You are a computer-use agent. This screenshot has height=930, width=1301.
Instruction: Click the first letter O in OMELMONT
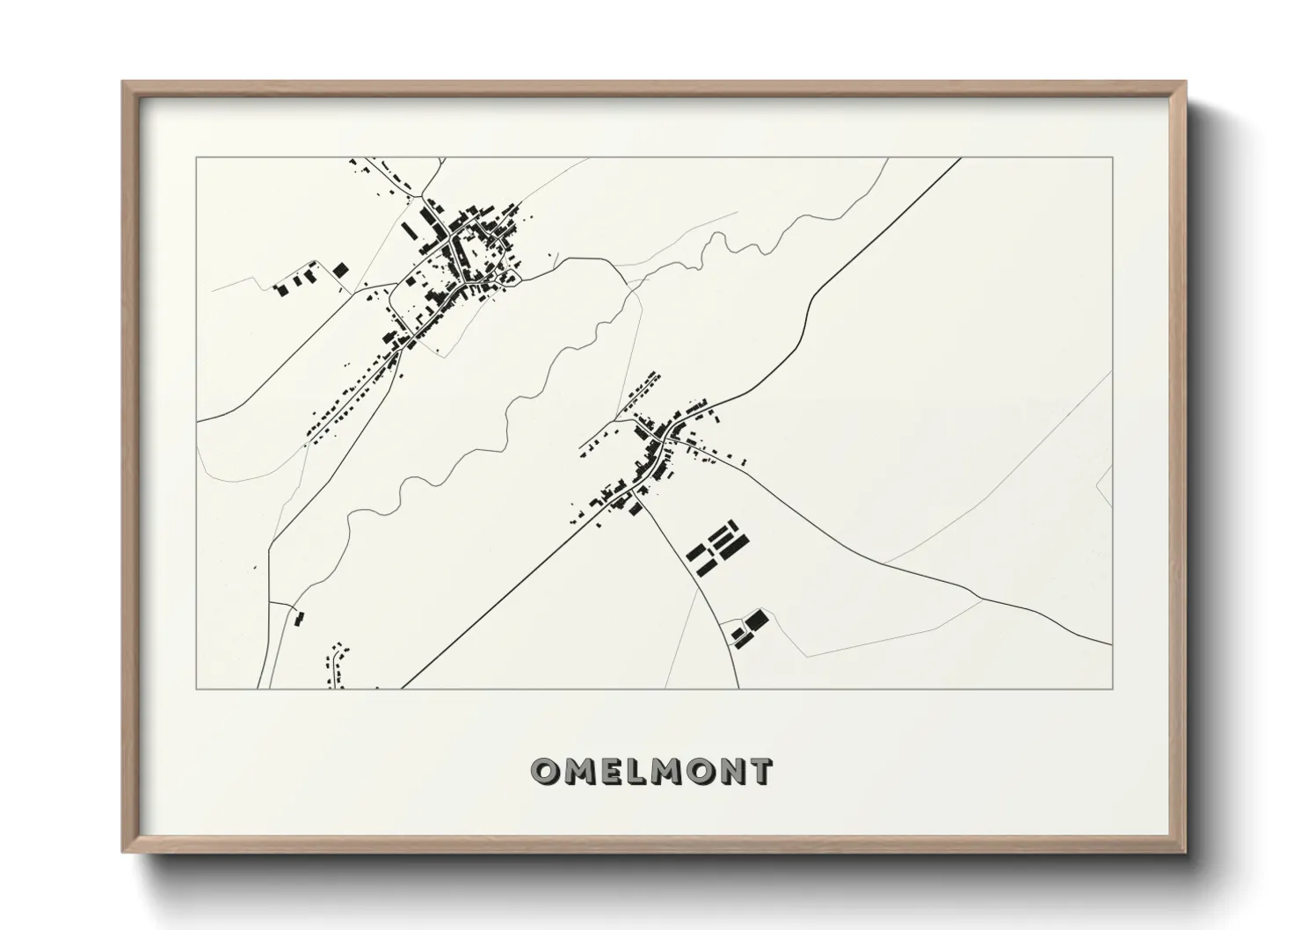[x=543, y=771]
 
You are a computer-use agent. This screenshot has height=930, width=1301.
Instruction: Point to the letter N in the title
[x=731, y=771]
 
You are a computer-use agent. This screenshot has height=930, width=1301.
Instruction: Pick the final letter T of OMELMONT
[x=760, y=771]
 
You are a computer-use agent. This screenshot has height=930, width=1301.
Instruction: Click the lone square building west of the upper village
[x=340, y=270]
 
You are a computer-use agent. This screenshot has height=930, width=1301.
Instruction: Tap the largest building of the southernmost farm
[x=757, y=621]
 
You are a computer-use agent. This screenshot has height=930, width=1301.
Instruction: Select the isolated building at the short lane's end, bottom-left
[x=298, y=619]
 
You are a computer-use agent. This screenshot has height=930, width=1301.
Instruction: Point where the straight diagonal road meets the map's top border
[x=960, y=158]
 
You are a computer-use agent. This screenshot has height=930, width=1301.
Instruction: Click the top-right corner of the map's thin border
[x=1113, y=158]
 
